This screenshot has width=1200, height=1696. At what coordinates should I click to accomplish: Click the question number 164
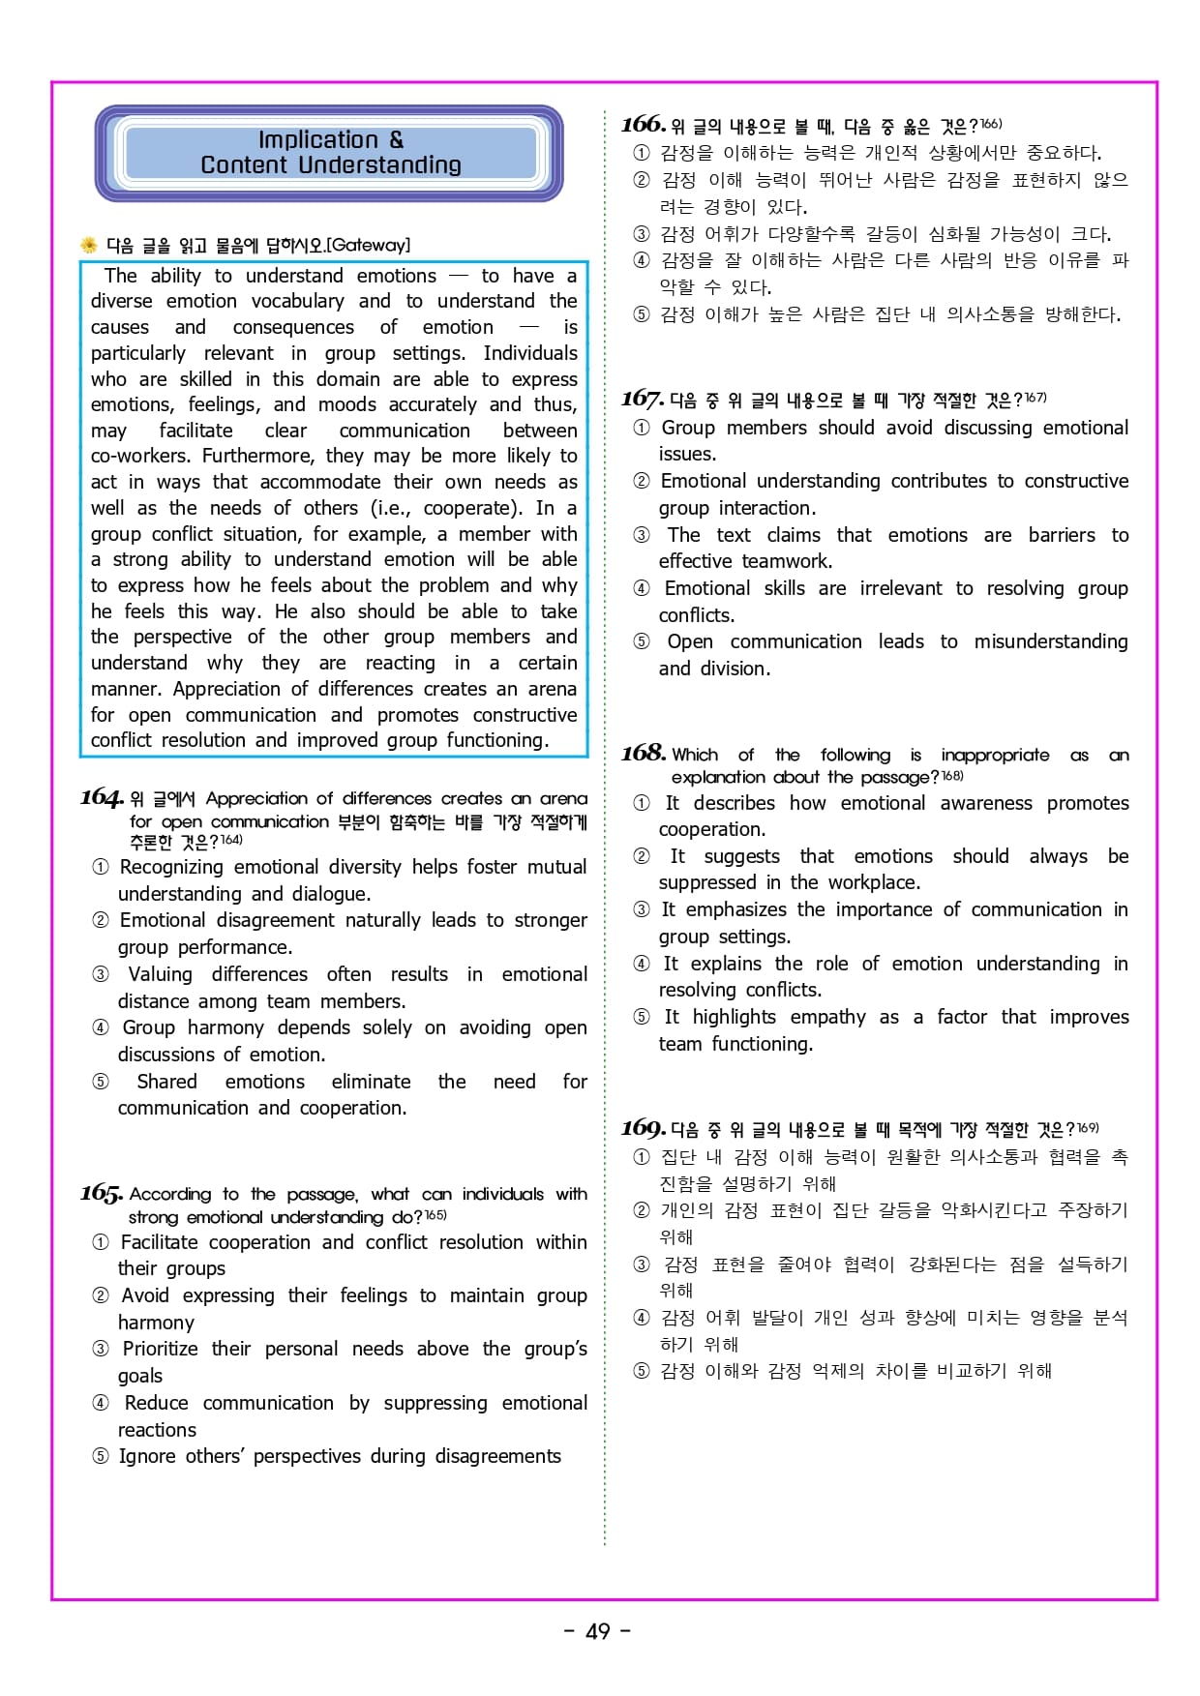point(102,797)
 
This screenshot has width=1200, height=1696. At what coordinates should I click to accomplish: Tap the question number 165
point(102,1193)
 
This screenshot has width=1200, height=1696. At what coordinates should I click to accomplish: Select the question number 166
point(644,124)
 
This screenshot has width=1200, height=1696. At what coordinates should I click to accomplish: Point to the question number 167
point(643,399)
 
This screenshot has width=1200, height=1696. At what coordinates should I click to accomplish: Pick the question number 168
point(644,753)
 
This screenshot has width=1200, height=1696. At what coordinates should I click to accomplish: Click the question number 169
point(644,1128)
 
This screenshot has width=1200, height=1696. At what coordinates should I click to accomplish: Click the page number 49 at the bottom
point(598,1631)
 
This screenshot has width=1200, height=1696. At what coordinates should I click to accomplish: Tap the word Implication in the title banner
point(317,140)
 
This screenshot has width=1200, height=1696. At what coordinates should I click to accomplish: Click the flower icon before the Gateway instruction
point(89,245)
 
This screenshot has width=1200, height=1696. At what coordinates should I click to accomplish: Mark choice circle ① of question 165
point(101,1242)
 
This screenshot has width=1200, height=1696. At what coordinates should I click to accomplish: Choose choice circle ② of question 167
point(642,482)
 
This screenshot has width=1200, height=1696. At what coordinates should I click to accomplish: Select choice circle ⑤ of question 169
point(642,1371)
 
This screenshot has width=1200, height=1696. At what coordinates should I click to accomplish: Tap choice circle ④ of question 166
point(642,260)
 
